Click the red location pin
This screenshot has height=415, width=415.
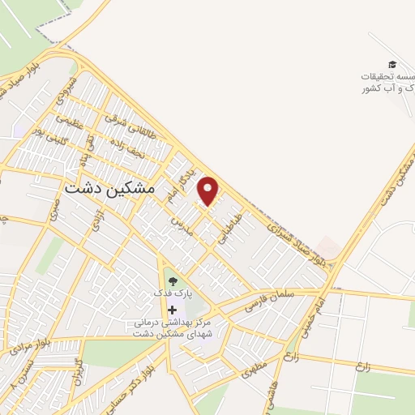[209, 191]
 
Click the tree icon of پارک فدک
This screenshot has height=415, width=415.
[171, 281]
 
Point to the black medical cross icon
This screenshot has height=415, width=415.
[171, 310]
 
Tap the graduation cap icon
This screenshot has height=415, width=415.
[392, 64]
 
